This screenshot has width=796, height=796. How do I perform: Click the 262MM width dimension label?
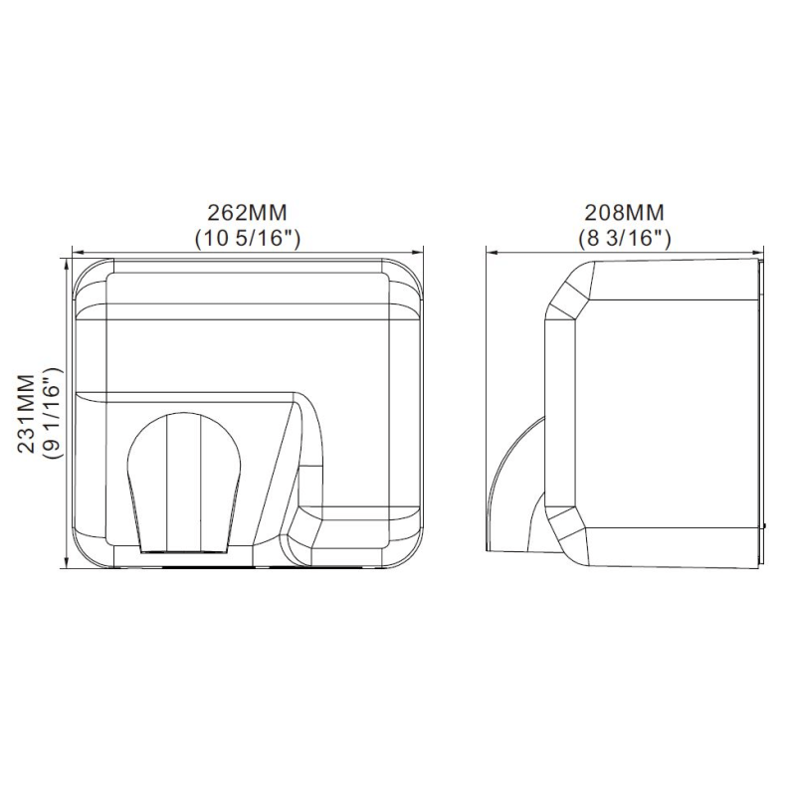point(247,212)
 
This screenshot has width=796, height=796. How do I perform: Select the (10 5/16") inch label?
point(248,238)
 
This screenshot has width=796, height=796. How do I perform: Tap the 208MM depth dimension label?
point(625,212)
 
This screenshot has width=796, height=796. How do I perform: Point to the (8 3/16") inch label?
point(625,238)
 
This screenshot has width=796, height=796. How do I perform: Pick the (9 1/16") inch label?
point(53,413)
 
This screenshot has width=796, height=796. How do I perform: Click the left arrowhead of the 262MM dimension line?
point(78,252)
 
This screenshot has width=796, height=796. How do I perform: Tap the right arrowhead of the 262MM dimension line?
point(418,252)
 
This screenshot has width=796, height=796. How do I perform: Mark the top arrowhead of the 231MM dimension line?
point(66,264)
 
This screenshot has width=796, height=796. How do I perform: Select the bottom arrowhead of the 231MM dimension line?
point(66,562)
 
